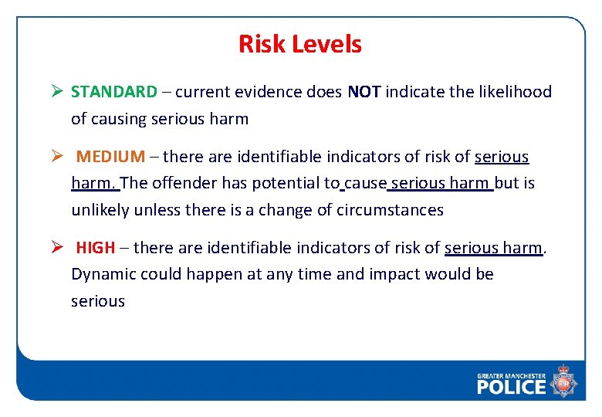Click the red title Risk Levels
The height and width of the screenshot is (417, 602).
(299, 44)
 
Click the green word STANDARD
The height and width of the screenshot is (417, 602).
(113, 92)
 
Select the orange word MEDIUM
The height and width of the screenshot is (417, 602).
(110, 157)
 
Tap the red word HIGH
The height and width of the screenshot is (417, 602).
(96, 248)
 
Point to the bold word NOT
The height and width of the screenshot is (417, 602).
(364, 92)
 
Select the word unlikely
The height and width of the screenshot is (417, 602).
(100, 210)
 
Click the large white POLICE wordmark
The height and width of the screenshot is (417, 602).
(511, 386)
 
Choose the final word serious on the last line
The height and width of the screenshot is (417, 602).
(97, 301)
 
